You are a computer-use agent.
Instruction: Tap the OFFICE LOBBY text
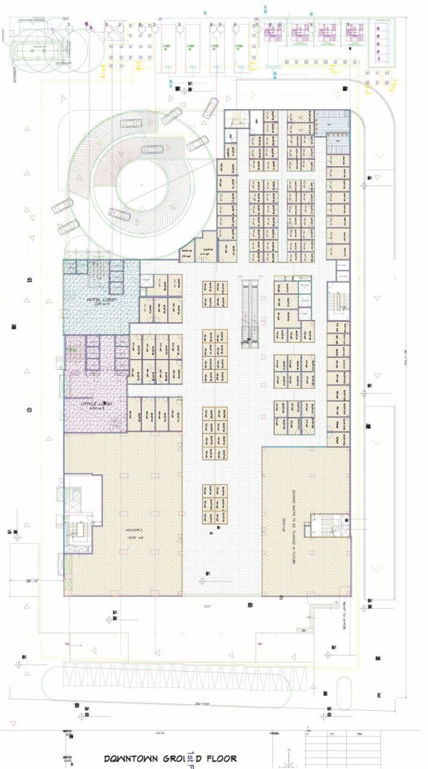pos(96,404)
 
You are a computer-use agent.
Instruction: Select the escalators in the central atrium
pos(250,313)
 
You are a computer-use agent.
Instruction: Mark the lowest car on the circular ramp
pos(69,228)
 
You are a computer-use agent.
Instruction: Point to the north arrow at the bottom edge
pos(289,756)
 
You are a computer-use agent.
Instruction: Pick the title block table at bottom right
pos(342,747)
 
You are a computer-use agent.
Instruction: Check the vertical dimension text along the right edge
pos(407,362)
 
